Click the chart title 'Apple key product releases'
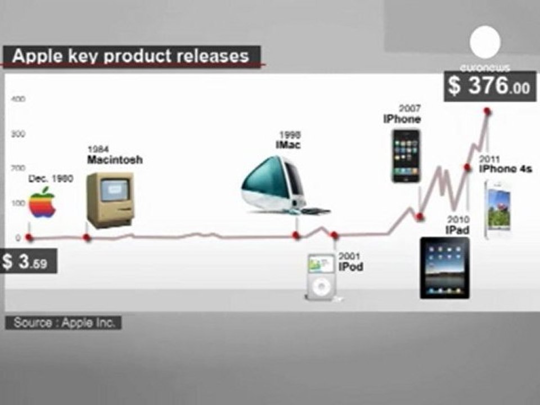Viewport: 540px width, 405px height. pos(130,56)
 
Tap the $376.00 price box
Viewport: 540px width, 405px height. pos(490,85)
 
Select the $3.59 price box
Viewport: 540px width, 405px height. pos(29,261)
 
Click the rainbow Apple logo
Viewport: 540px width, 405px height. pos(42,202)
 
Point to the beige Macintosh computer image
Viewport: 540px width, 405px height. pos(110,200)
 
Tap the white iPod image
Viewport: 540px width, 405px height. pos(322,277)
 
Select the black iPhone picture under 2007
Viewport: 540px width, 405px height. pos(406,156)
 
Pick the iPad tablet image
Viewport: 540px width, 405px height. pos(444,268)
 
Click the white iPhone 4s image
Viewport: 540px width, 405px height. pos(497,209)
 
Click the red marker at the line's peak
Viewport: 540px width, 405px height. pos(487,111)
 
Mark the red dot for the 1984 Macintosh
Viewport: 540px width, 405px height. pos(87,237)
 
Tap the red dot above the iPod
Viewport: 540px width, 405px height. pos(334,236)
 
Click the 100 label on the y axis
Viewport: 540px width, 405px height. pos(18,203)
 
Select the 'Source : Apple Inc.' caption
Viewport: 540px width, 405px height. pos(64,323)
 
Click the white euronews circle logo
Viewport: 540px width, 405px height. pos(485,42)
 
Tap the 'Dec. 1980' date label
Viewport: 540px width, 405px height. pos(51,178)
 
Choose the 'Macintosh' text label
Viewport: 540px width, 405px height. pos(115,160)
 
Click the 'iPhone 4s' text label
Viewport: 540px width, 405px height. pos(506,169)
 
